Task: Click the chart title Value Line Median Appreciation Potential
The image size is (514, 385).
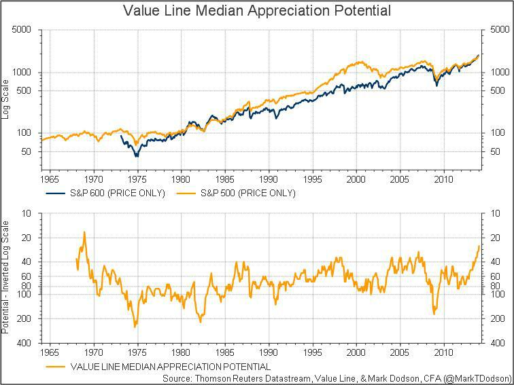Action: coord(257,11)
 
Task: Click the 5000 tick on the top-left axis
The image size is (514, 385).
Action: coord(22,31)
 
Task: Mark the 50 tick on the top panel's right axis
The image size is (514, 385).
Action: coord(491,151)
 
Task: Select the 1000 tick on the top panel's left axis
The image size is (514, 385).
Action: coord(22,73)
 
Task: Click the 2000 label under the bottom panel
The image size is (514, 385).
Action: coord(356,353)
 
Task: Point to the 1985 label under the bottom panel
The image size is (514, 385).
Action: coord(225,353)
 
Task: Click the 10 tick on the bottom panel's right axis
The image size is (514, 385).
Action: coord(489,213)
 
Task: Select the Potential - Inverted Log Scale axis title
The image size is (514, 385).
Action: coord(6,278)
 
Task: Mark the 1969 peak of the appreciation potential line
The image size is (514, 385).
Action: coord(84,232)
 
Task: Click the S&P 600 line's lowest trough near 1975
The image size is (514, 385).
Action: coord(137,157)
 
